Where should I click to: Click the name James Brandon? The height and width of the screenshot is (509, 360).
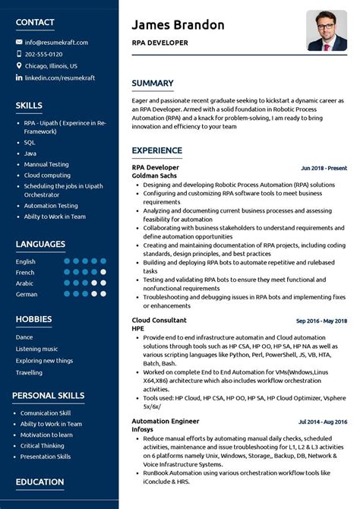[178, 25]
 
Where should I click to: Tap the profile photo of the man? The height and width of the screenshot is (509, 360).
[327, 31]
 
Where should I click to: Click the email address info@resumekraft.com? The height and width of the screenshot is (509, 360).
[56, 43]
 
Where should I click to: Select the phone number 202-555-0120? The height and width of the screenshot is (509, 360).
[43, 54]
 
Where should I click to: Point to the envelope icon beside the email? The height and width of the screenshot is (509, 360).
[19, 43]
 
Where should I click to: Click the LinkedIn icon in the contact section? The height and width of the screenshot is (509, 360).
[19, 77]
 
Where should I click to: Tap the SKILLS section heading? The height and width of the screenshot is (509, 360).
[29, 106]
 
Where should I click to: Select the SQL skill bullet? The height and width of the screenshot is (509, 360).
[30, 142]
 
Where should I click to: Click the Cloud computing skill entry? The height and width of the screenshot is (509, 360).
[47, 175]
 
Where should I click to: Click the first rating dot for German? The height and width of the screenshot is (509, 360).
[67, 294]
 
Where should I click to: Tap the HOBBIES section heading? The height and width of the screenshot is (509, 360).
[33, 319]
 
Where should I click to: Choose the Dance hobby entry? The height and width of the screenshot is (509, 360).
[24, 337]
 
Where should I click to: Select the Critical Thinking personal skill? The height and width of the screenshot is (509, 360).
[43, 445]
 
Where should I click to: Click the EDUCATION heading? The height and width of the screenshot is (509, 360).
[39, 482]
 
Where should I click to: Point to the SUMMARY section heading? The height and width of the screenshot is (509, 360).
[153, 84]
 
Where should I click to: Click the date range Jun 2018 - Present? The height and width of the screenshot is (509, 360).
[324, 168]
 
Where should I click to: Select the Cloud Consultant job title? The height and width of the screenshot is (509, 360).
[159, 320]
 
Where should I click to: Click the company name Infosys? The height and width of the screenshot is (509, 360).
[143, 428]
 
